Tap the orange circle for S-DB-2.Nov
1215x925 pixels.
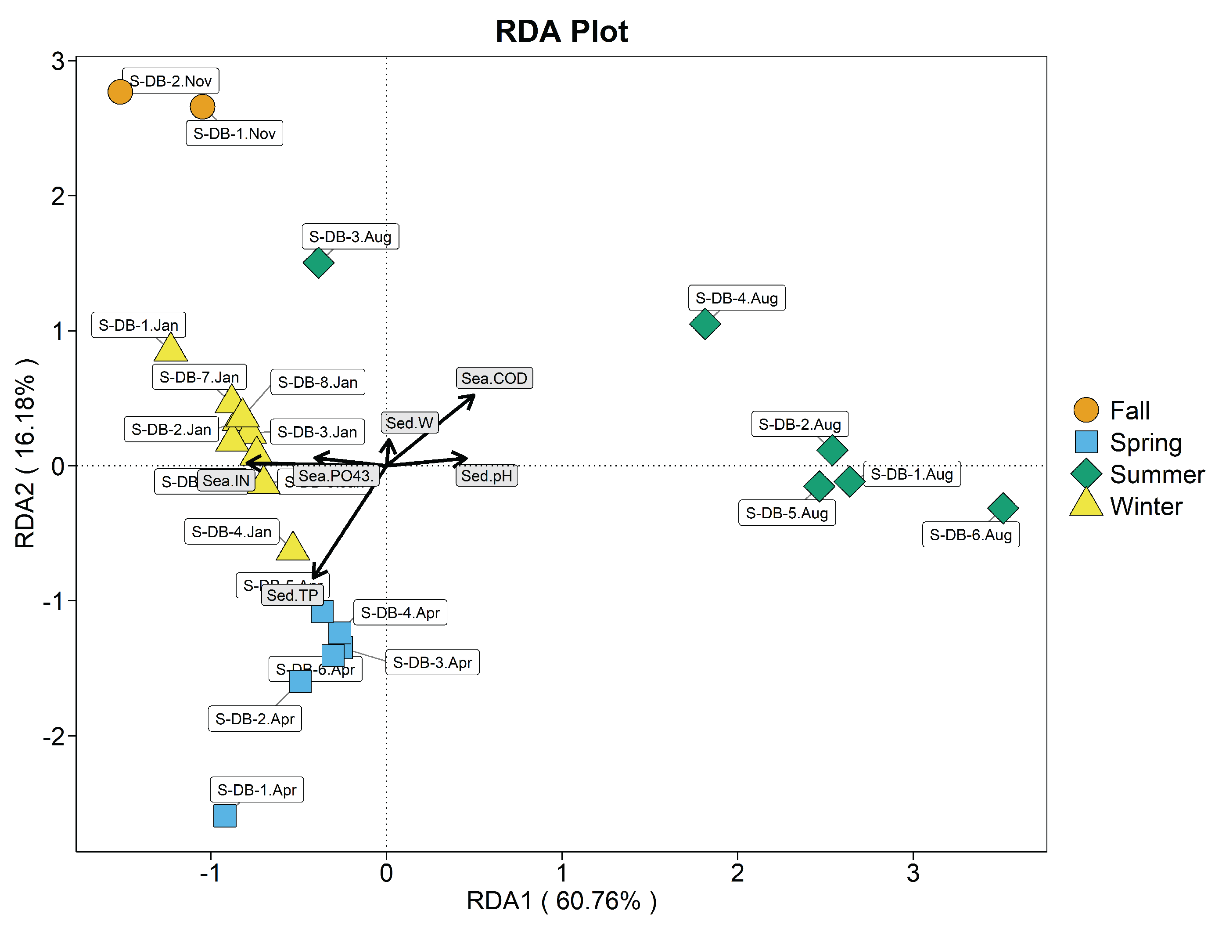(x=120, y=91)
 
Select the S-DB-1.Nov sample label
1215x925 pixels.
(x=234, y=133)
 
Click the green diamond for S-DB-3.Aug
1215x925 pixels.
(x=318, y=263)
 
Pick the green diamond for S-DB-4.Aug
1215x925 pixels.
(x=705, y=324)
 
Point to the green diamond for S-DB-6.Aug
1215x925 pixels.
(x=1003, y=508)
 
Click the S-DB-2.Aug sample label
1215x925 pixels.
(x=800, y=424)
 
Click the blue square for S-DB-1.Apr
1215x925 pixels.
(x=224, y=816)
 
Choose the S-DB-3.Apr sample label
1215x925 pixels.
(x=432, y=662)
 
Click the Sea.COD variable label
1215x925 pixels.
(x=494, y=378)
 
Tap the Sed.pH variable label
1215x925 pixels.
(x=486, y=476)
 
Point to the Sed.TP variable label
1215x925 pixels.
(x=292, y=595)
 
